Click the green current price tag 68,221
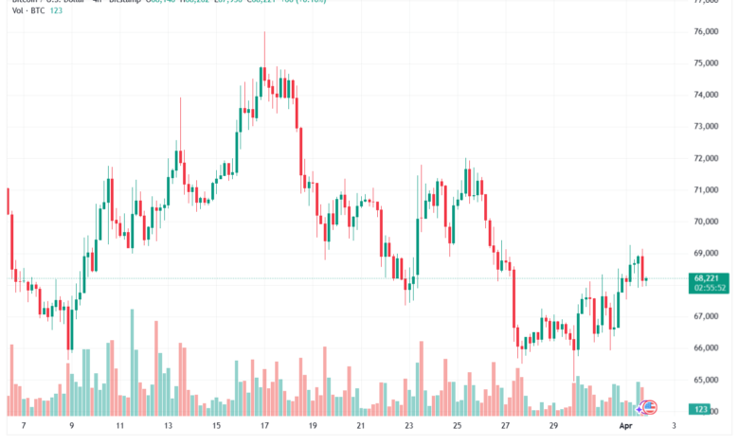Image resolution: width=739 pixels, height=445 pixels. (x=710, y=278)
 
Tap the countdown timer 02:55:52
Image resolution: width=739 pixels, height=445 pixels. (x=710, y=288)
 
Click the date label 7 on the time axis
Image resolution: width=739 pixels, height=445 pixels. (x=23, y=427)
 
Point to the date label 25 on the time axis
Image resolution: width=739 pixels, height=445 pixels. (x=457, y=427)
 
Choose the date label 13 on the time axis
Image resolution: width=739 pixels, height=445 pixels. (x=167, y=427)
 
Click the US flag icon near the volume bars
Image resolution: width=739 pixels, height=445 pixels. (x=651, y=407)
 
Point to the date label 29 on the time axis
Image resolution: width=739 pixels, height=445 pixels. (x=553, y=427)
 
